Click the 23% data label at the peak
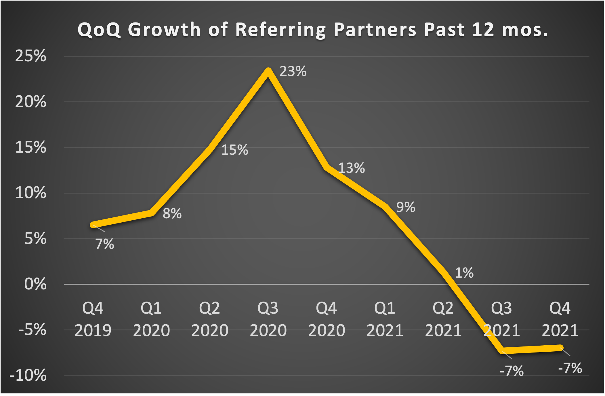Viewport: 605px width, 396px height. click(x=293, y=71)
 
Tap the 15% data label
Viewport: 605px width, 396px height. click(x=234, y=150)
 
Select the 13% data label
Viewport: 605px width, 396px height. click(x=351, y=168)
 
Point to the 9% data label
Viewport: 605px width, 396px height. click(x=406, y=207)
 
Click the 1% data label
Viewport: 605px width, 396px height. click(x=464, y=273)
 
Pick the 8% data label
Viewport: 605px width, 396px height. click(x=172, y=214)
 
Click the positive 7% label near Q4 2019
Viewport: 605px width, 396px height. click(x=105, y=244)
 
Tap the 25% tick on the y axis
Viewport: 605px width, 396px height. click(x=30, y=56)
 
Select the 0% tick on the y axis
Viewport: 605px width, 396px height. click(x=35, y=284)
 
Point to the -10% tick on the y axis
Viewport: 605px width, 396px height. click(x=28, y=375)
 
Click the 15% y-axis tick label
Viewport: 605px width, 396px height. click(x=30, y=147)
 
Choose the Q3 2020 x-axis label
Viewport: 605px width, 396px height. click(x=268, y=319)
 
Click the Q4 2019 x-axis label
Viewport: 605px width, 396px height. click(x=93, y=319)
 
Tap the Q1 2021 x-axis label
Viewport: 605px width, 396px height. click(x=385, y=319)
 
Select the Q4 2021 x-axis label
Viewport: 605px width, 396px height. click(x=560, y=319)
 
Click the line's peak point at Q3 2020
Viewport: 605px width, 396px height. click(x=268, y=71)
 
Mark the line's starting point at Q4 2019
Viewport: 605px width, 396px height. click(x=93, y=225)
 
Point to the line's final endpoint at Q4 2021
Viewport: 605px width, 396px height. click(x=560, y=348)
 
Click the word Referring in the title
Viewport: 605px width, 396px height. click(x=280, y=30)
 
